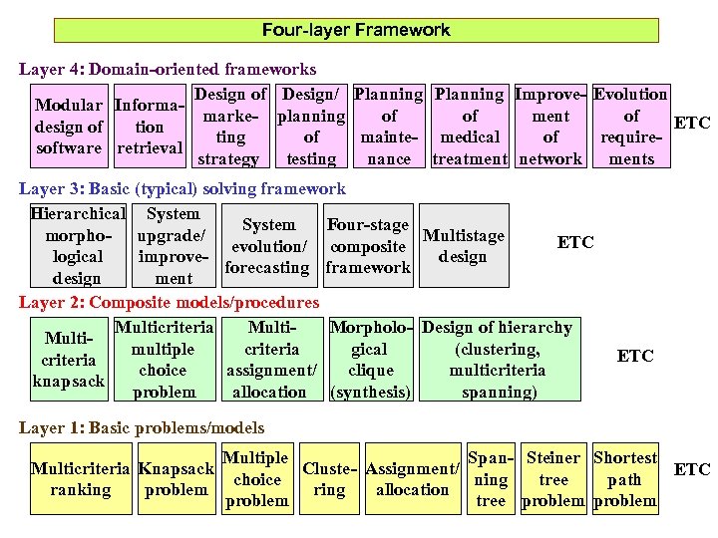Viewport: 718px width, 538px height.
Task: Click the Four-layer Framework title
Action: click(356, 30)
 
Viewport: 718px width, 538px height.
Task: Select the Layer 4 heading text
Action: click(168, 70)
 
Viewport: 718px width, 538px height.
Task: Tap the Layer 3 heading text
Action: click(182, 188)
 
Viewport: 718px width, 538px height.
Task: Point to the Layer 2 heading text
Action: click(170, 302)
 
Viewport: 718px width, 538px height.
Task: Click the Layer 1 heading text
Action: click(142, 427)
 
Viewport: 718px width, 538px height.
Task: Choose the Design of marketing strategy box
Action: click(230, 127)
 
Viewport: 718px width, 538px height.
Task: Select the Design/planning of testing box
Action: click(311, 127)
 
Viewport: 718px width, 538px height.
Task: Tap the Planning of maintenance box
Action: click(389, 127)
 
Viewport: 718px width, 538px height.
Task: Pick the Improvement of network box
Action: click(550, 127)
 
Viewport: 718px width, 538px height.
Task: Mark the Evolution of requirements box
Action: click(630, 127)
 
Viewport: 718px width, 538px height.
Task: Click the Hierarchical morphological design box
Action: click(77, 246)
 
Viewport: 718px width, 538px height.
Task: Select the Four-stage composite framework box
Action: click(368, 246)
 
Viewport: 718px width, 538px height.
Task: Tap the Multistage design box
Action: click(463, 246)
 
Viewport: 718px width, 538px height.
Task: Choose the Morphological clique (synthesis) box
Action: click(370, 360)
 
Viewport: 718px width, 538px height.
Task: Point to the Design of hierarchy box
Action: click(497, 360)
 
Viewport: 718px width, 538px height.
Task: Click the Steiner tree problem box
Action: click(552, 479)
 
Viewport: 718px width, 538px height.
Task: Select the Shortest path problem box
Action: click(625, 479)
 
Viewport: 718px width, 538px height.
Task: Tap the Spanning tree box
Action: click(491, 479)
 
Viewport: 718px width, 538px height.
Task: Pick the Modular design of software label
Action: click(68, 127)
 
